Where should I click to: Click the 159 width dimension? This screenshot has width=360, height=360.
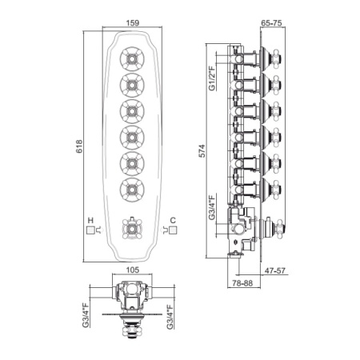click(x=133, y=23)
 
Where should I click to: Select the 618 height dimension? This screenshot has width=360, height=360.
click(x=79, y=146)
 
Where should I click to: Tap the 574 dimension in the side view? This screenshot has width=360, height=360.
click(x=202, y=151)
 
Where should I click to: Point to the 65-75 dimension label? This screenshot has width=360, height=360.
click(x=271, y=23)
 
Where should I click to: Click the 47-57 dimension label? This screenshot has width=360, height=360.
click(x=275, y=270)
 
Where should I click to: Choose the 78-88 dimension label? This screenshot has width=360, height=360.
click(x=242, y=283)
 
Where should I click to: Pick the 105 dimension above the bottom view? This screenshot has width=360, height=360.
click(x=133, y=270)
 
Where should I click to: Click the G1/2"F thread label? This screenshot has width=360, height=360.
click(x=212, y=78)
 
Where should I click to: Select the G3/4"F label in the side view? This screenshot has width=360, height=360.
click(x=212, y=208)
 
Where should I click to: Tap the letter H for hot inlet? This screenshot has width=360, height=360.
click(x=90, y=220)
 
